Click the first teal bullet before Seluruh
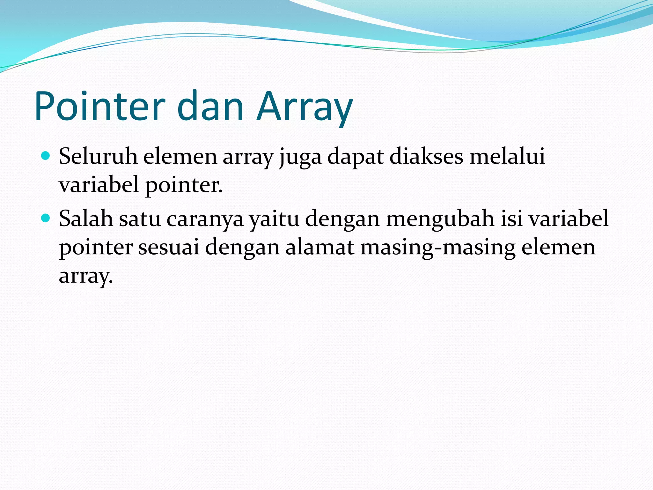(46, 156)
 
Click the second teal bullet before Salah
(46, 218)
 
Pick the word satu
(140, 219)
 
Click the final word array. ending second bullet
(86, 276)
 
